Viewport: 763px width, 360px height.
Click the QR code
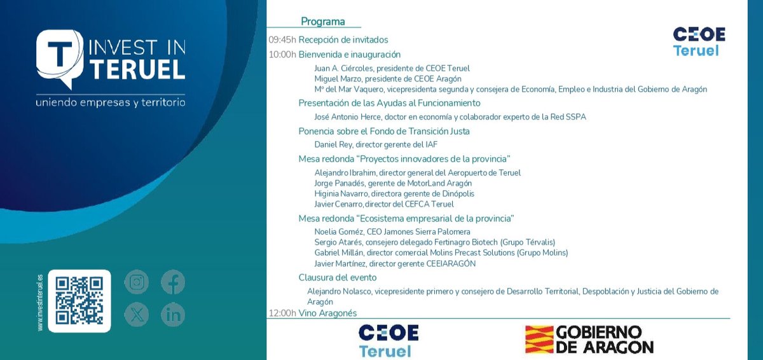[x=79, y=301]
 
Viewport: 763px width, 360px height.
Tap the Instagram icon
[x=136, y=282]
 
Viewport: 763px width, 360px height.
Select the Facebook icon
[x=173, y=282]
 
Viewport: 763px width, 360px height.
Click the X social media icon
[x=136, y=314]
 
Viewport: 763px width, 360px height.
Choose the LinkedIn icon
[x=173, y=314]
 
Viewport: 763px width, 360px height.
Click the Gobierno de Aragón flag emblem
[x=538, y=340]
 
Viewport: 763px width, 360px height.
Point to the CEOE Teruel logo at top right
[x=699, y=41]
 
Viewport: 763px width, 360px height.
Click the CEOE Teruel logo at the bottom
[x=388, y=340]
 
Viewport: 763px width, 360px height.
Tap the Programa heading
[x=323, y=22]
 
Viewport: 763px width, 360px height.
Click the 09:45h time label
[x=282, y=39]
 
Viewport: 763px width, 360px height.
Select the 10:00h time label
[x=282, y=55]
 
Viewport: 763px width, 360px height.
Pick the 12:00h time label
[x=282, y=313]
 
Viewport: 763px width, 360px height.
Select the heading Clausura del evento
[x=338, y=277]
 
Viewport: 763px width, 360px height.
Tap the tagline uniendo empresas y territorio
[x=111, y=102]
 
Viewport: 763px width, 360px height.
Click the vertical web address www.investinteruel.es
[x=40, y=302]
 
